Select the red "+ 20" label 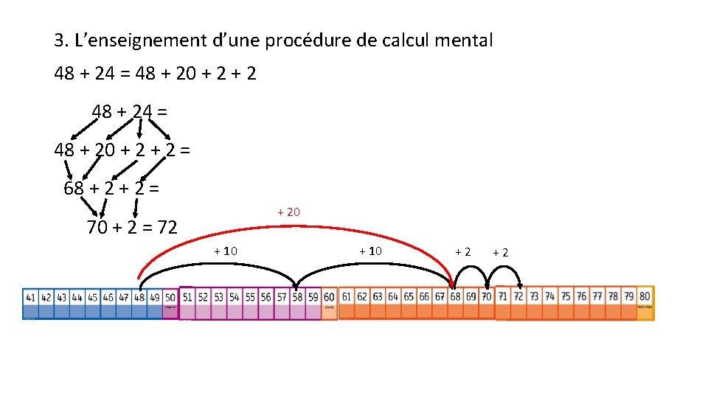288,212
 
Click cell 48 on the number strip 139,298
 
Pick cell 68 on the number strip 456,297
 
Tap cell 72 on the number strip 518,297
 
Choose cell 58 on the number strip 296,298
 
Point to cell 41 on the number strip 30,298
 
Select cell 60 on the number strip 329,298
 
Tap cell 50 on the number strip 170,298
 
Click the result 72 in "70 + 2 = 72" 165,228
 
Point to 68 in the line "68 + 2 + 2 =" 74,188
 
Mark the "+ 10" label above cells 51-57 226,251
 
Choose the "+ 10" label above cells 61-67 370,251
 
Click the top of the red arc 295,222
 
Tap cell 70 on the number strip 487,297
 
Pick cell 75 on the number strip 566,297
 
